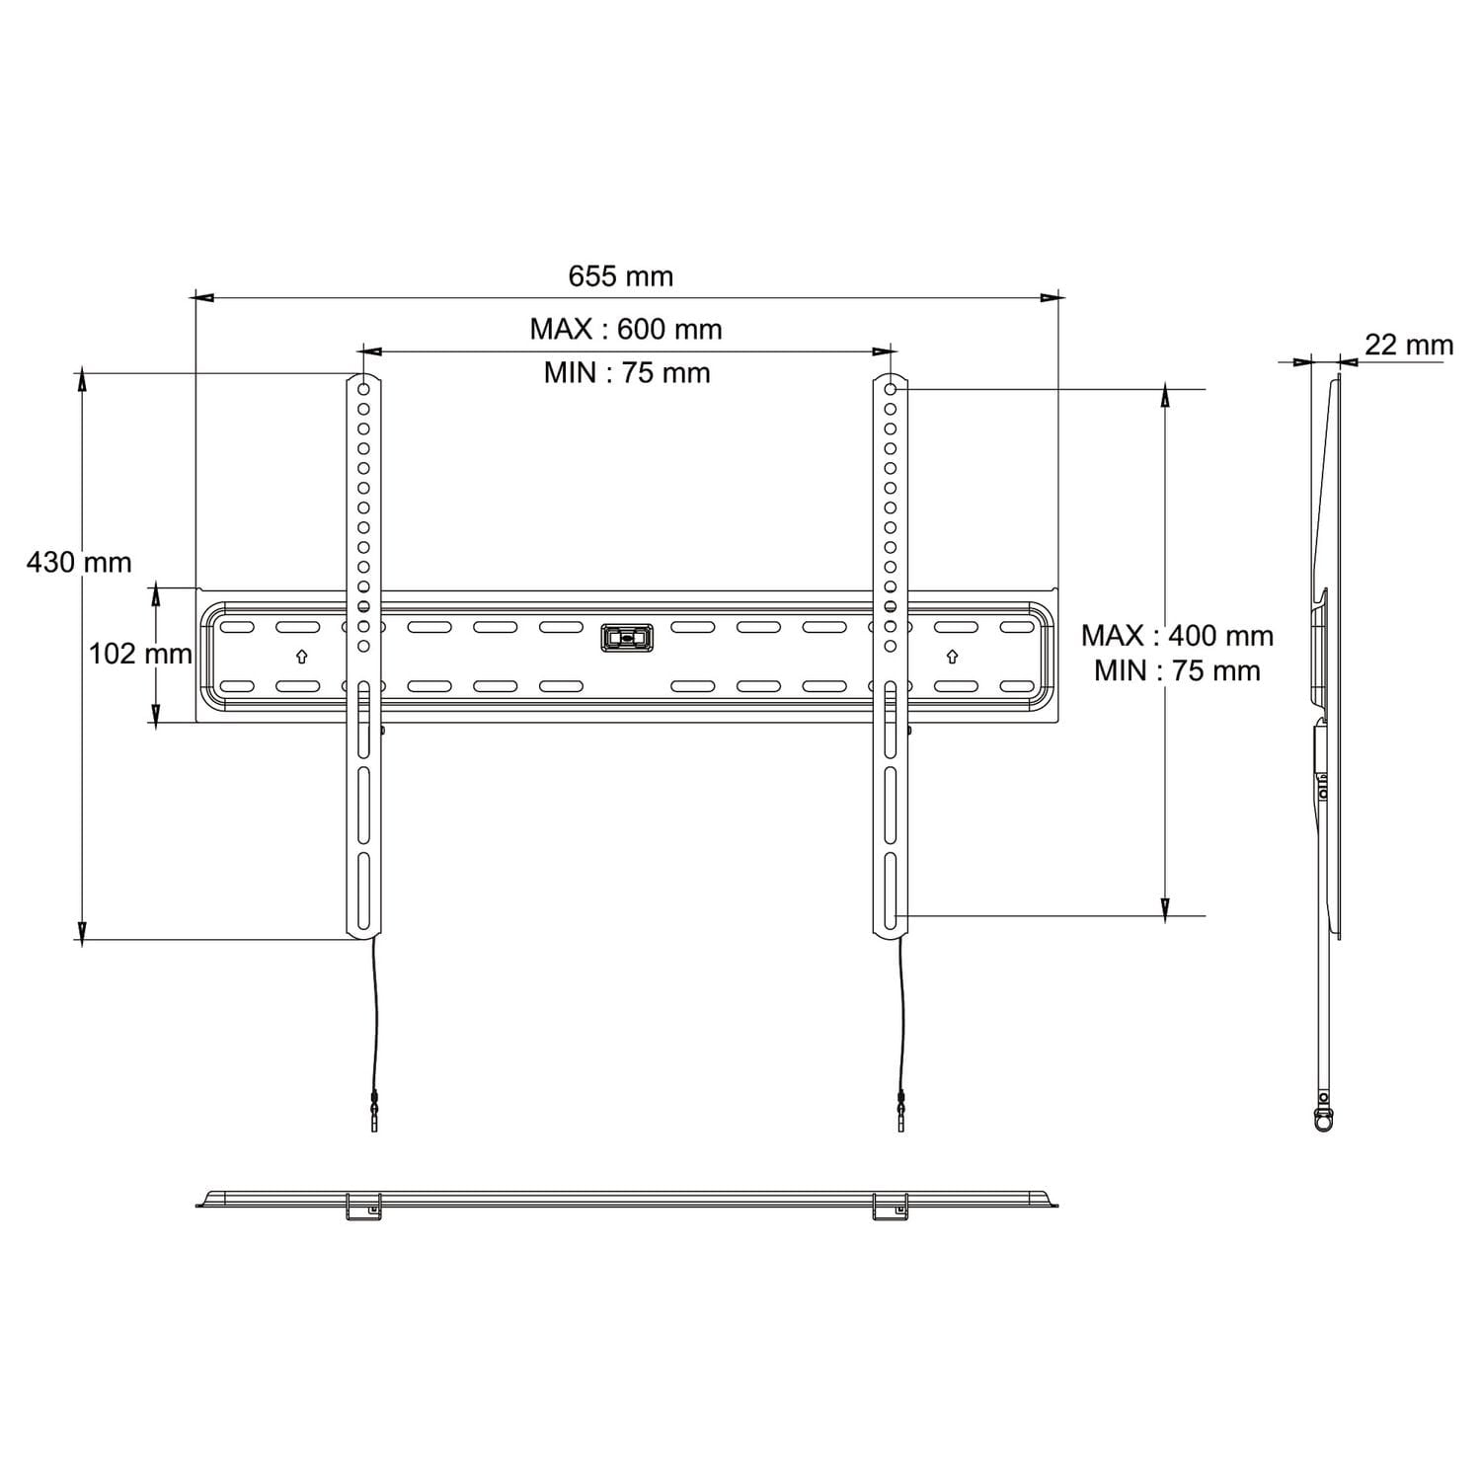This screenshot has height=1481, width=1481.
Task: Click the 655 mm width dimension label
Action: (x=620, y=276)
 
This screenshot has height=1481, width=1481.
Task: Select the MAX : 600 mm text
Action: (x=626, y=329)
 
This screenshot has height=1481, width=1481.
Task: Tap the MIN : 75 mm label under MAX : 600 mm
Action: (x=627, y=373)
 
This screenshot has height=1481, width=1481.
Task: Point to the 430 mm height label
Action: (x=79, y=563)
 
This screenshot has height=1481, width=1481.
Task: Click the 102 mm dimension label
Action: (x=140, y=654)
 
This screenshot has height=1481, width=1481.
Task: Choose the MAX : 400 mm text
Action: (x=1177, y=635)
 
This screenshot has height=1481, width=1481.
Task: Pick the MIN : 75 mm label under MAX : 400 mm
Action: (x=1177, y=671)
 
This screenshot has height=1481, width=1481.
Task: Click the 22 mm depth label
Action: (x=1409, y=345)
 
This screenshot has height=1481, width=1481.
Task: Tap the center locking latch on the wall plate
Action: (x=627, y=638)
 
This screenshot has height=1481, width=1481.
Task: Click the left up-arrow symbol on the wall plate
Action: (x=302, y=657)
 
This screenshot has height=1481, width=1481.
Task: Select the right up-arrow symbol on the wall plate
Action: (x=952, y=657)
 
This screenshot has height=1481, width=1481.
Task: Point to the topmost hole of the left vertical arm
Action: (x=363, y=389)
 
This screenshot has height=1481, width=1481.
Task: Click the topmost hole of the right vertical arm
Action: (x=891, y=389)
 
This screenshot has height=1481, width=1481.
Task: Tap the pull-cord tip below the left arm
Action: (x=374, y=1120)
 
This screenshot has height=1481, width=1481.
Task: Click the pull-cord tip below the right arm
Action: (x=900, y=1120)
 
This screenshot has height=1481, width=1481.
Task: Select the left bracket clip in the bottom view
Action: (x=363, y=1207)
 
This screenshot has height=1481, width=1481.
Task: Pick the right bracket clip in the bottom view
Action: (x=891, y=1207)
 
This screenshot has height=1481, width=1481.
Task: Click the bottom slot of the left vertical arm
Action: (x=363, y=890)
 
